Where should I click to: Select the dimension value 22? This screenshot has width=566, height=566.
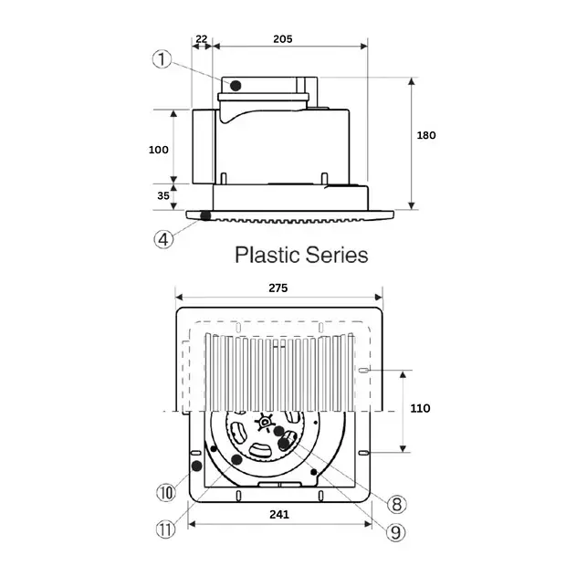(x=202, y=38)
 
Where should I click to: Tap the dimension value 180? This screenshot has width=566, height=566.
(x=425, y=135)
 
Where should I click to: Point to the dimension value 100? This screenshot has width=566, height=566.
(x=159, y=149)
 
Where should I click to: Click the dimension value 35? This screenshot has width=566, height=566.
(x=162, y=195)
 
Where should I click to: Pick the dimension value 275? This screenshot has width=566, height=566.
(x=278, y=288)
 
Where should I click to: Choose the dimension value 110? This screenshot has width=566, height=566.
(x=421, y=408)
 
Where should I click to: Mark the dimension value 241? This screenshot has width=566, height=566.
(x=279, y=515)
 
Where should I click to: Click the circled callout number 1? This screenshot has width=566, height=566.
(x=162, y=59)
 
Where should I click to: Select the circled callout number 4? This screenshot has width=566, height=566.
(x=162, y=239)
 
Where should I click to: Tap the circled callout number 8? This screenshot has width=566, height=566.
(x=397, y=504)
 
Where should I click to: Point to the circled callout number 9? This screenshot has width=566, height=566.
(x=398, y=529)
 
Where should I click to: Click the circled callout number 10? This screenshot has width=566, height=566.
(x=164, y=494)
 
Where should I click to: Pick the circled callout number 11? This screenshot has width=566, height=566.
(x=164, y=529)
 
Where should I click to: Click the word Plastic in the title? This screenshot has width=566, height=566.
(x=267, y=254)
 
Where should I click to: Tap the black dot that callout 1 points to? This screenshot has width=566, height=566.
(x=235, y=86)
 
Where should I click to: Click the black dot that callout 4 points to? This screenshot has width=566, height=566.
(x=205, y=216)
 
